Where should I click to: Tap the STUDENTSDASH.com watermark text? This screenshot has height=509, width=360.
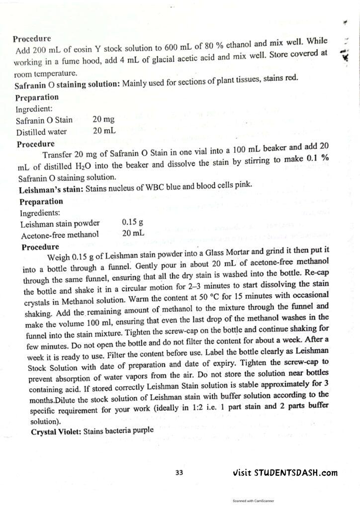(x=285, y=473)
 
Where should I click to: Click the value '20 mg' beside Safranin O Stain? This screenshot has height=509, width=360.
(x=103, y=120)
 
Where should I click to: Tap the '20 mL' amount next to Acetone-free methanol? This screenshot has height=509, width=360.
(x=133, y=233)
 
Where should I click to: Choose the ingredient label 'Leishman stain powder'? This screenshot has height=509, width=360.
(x=60, y=223)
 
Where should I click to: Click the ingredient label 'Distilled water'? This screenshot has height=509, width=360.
(x=41, y=132)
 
